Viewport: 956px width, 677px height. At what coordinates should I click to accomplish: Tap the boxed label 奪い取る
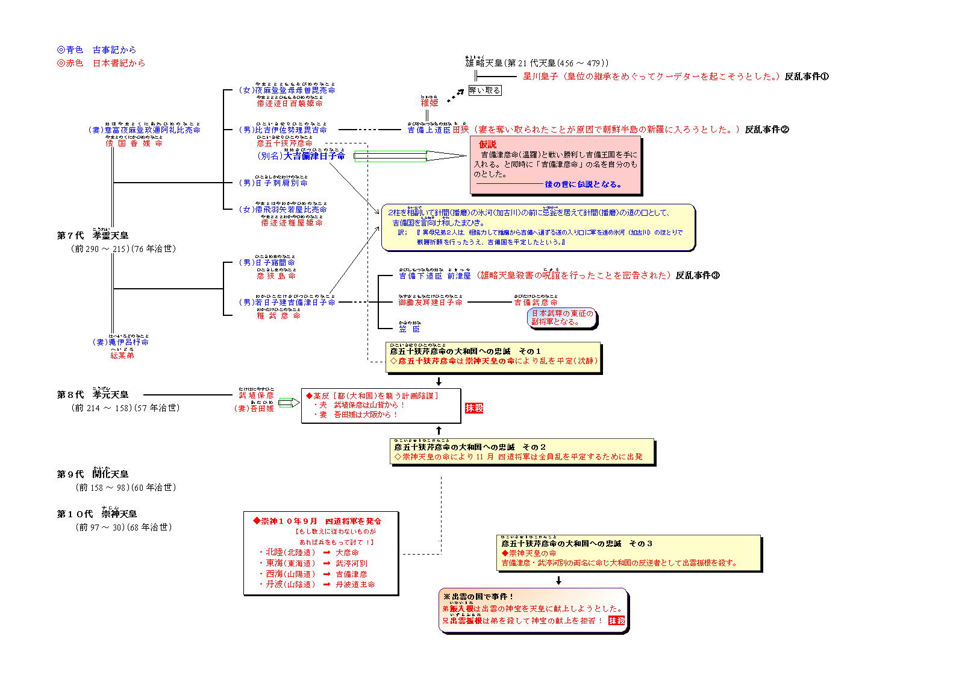point(485,90)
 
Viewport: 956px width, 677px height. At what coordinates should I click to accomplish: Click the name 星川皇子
point(540,77)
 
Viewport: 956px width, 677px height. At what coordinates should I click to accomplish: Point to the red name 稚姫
point(429,103)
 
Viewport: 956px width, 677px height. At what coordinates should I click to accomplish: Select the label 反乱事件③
point(697,276)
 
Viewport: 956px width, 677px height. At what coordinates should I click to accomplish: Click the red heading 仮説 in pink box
point(487,145)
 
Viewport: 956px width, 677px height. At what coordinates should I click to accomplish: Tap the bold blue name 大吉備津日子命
point(314,156)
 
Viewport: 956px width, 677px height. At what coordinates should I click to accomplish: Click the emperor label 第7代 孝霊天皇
point(93,236)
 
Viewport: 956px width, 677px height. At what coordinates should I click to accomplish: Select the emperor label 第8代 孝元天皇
point(93,395)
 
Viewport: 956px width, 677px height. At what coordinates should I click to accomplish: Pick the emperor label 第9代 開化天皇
point(93,474)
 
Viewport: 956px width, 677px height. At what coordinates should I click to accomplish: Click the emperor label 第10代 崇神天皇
point(97,514)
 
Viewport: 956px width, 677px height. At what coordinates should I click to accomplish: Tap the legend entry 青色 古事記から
point(96,50)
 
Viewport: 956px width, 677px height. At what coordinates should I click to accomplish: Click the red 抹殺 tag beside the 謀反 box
point(474,408)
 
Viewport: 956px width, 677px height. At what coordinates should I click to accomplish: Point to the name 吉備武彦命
point(536,303)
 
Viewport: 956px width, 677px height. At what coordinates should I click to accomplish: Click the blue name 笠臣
point(409,329)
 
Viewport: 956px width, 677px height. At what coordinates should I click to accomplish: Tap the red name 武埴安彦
point(256,395)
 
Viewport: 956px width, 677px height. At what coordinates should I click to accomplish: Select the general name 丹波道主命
point(355,585)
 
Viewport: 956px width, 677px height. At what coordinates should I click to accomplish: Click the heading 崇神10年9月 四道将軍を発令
point(317,521)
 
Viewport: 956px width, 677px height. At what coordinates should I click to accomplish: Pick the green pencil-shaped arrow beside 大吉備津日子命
point(410,157)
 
